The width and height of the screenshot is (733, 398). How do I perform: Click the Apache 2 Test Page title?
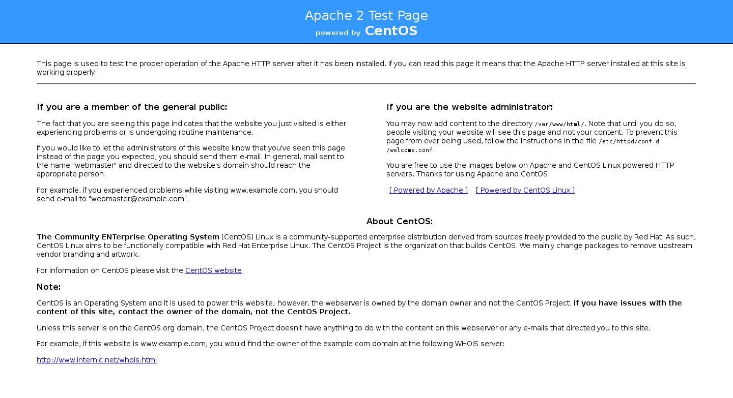point(366,16)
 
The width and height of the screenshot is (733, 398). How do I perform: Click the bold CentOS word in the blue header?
point(391,31)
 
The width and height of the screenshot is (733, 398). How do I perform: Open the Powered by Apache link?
point(428,190)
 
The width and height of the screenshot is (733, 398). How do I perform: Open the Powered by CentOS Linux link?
point(525,190)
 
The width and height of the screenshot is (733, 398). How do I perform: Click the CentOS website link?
point(213,270)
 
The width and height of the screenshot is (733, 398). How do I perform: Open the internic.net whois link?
point(97,360)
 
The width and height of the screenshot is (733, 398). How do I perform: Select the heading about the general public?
point(132,107)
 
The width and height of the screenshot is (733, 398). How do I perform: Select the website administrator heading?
point(469,107)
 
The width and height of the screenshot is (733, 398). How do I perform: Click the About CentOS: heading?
point(399,222)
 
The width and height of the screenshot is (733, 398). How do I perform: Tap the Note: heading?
point(48,287)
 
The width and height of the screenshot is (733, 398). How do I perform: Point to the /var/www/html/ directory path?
point(559,124)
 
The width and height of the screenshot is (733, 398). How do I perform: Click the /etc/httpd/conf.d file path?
point(629,141)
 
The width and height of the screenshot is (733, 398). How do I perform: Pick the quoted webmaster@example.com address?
point(138,199)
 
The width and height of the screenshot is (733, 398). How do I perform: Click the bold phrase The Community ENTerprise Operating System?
point(128,237)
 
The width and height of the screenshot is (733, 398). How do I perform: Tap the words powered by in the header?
point(338,33)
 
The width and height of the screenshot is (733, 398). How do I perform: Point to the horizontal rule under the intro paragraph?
point(366,83)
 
